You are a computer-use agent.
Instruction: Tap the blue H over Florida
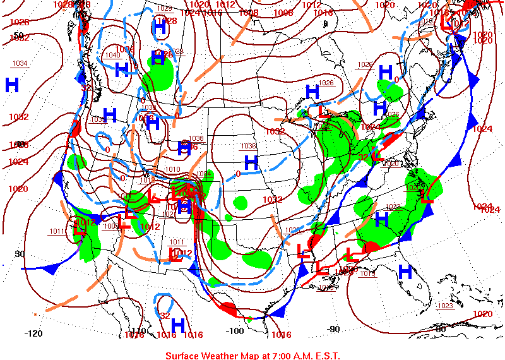[x=405, y=272]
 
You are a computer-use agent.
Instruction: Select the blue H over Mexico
[x=178, y=325]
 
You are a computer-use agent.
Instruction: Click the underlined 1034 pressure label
[x=20, y=63]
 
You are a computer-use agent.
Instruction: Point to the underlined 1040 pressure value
[x=112, y=55]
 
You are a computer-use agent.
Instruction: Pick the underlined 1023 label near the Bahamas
[x=445, y=306]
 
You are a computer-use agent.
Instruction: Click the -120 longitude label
[x=33, y=333]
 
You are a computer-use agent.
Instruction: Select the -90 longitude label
[x=333, y=329]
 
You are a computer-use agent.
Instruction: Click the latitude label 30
[x=20, y=254]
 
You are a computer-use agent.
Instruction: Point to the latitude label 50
[x=18, y=35]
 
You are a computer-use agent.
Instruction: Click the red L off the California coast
[x=80, y=230]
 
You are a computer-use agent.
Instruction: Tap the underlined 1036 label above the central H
[x=249, y=146]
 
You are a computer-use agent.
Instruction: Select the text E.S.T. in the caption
[x=325, y=356]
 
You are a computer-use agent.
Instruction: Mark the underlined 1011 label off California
[x=57, y=231]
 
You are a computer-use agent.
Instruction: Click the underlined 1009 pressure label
[x=111, y=225]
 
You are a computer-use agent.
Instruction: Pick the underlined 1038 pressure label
[x=196, y=138]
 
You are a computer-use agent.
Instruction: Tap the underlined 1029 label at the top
[x=164, y=8]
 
